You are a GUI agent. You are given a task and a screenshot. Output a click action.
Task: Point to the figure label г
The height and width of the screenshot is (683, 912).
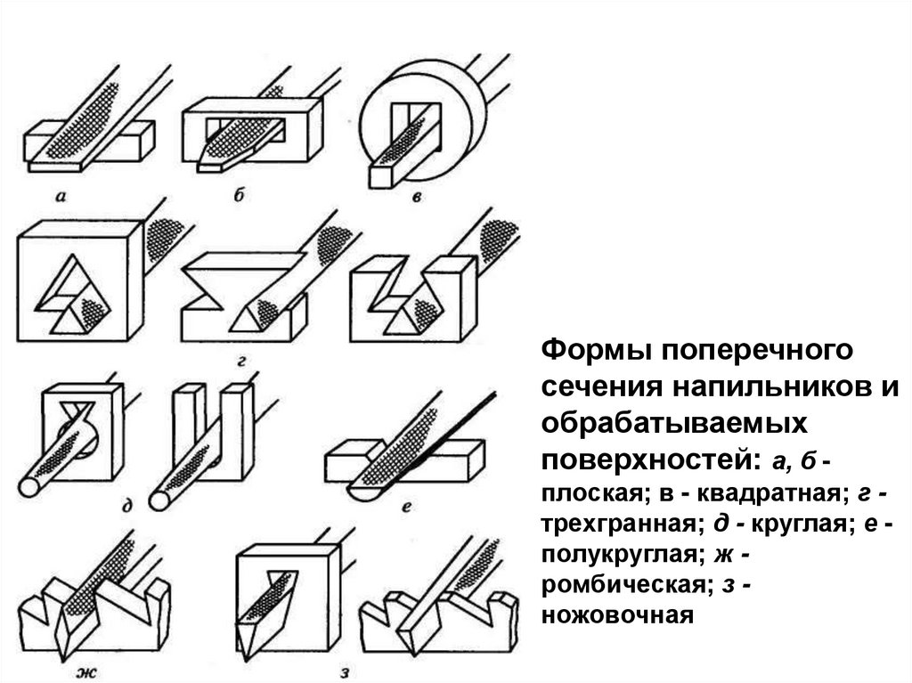[x=241, y=362]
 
